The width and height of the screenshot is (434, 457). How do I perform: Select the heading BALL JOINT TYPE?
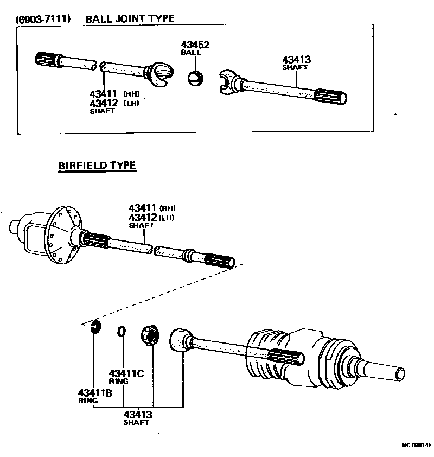pos(130,18)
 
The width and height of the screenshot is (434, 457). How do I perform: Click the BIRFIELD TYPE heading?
pos(97,166)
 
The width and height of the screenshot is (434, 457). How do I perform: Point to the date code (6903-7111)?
pos(42,19)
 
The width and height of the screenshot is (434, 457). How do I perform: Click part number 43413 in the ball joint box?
pos(296,60)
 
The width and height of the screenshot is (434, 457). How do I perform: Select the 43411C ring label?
pos(126,373)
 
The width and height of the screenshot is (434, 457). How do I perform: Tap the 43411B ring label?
pos(94,393)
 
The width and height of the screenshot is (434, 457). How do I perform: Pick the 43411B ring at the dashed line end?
pos(96,327)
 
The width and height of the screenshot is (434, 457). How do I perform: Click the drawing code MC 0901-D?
pos(416,446)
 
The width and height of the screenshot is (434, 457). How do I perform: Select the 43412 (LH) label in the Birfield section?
pos(152,218)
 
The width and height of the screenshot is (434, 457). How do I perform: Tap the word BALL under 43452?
pos(191,53)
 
